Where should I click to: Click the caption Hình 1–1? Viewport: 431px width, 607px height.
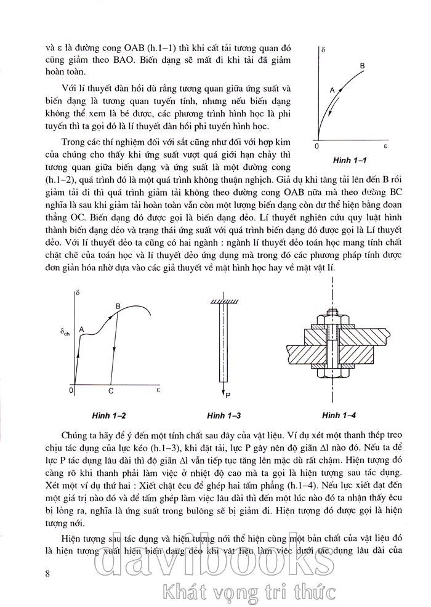pos(349,161)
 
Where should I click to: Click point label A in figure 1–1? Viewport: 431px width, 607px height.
pos(332,90)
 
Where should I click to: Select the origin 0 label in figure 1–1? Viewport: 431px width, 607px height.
pos(316,148)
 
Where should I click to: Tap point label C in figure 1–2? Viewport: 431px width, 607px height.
pos(110,391)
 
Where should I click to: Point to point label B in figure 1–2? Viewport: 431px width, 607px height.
pos(118,305)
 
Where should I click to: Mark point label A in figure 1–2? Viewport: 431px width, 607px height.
pos(81,330)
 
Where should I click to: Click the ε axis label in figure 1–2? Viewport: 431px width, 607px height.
pos(158,390)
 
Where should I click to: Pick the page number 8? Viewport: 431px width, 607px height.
pos(48,574)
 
